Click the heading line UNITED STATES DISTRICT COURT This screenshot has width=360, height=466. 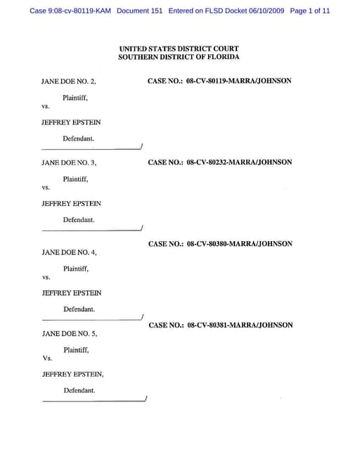[179, 48]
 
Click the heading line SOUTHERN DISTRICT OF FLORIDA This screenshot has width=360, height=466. [179, 57]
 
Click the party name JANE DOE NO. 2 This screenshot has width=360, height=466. [69, 82]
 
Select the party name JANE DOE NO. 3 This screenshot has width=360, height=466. [69, 163]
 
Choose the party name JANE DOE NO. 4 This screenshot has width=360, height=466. [69, 252]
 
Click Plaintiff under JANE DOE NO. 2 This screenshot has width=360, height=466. [75, 98]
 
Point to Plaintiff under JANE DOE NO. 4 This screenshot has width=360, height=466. [76, 268]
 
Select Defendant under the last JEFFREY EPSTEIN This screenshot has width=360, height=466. [79, 390]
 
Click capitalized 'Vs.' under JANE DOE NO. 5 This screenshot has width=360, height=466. [47, 358]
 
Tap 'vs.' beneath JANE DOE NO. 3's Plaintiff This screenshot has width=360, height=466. [46, 188]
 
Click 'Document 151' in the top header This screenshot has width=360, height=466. [141, 11]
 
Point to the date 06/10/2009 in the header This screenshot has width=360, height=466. [261, 11]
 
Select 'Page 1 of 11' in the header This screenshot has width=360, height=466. [309, 11]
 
